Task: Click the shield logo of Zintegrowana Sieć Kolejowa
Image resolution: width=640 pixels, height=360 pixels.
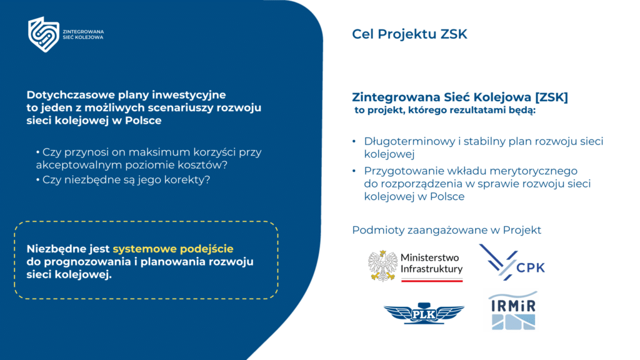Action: pos(43,34)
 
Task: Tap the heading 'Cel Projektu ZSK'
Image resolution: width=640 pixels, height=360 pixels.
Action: pos(409,34)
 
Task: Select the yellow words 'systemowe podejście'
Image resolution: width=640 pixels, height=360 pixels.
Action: pos(173,249)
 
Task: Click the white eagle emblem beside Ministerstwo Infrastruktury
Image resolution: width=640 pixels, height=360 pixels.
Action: pos(382,265)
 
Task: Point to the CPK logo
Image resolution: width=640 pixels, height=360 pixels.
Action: pos(512,262)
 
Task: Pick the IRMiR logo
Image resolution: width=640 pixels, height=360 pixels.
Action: pos(513,310)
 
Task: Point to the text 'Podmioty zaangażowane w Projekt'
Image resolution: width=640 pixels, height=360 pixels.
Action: pos(446,230)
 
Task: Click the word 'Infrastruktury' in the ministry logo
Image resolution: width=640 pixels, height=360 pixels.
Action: pos(431,269)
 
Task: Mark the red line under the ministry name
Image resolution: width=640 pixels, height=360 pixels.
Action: pos(431,281)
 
